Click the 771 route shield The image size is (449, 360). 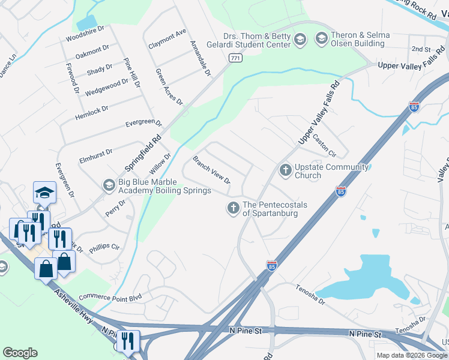[235, 57]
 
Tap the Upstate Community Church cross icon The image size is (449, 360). [285, 171]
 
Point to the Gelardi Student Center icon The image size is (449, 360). [301, 40]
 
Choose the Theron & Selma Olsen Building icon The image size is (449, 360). [321, 40]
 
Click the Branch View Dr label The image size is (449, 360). [211, 170]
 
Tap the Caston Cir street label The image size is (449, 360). [324, 145]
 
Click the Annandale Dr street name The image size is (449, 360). [200, 58]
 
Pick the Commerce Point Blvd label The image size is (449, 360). [113, 296]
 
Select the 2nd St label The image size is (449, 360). [421, 49]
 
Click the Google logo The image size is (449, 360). [20, 353]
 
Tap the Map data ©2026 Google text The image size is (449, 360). [412, 355]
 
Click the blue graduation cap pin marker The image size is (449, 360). [44, 193]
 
